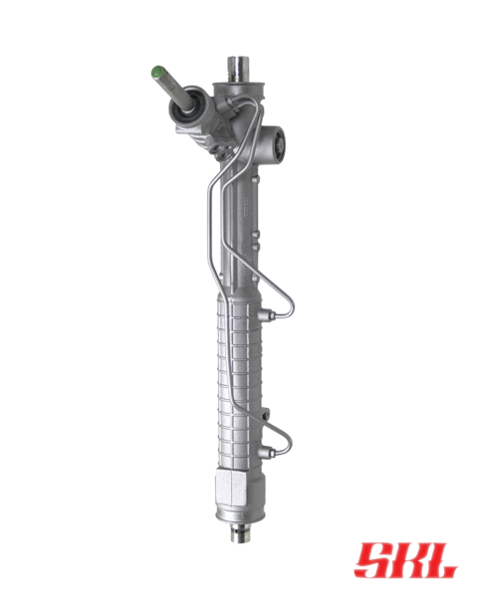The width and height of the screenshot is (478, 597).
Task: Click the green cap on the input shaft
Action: click(157, 72)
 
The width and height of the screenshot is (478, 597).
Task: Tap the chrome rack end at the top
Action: click(238, 69)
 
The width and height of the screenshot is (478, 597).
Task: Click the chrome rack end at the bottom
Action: click(241, 532)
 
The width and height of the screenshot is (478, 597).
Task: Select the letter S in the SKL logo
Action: click(374, 559)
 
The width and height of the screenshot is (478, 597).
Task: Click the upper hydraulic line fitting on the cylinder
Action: click(267, 315)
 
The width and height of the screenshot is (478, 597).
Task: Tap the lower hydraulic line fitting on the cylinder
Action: click(267, 453)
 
